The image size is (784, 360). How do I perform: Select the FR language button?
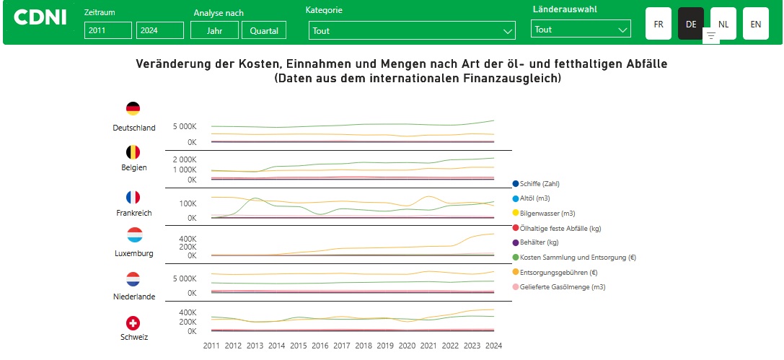click(659, 24)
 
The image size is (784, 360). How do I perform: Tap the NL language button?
click(723, 24)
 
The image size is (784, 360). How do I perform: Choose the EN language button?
click(755, 24)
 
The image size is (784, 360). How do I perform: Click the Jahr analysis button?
click(214, 30)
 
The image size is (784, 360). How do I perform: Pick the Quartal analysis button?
click(264, 30)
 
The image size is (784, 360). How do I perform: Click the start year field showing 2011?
click(108, 30)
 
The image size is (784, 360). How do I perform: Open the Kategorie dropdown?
click(412, 30)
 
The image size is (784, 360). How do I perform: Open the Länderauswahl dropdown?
click(581, 30)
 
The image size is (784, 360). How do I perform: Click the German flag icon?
click(133, 109)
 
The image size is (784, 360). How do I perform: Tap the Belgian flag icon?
click(133, 152)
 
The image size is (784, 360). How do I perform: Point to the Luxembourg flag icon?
click(133, 235)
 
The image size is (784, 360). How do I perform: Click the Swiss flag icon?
click(133, 322)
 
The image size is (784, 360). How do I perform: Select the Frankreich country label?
click(133, 214)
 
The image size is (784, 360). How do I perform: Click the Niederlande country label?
click(133, 297)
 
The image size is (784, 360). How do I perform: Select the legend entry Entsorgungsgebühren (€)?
click(558, 273)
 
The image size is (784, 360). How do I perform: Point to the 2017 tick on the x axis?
click(342, 346)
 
